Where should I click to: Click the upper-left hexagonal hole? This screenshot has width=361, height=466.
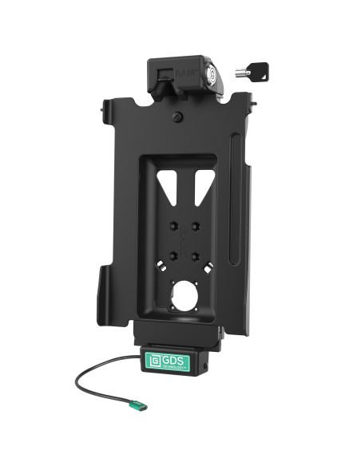tap(171, 227)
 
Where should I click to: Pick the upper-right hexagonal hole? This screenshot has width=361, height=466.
tap(195, 227)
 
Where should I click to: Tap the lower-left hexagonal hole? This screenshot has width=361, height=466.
tap(171, 256)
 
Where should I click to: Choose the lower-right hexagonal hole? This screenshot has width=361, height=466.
tap(195, 256)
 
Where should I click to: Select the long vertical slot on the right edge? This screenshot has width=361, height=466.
tap(233, 199)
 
